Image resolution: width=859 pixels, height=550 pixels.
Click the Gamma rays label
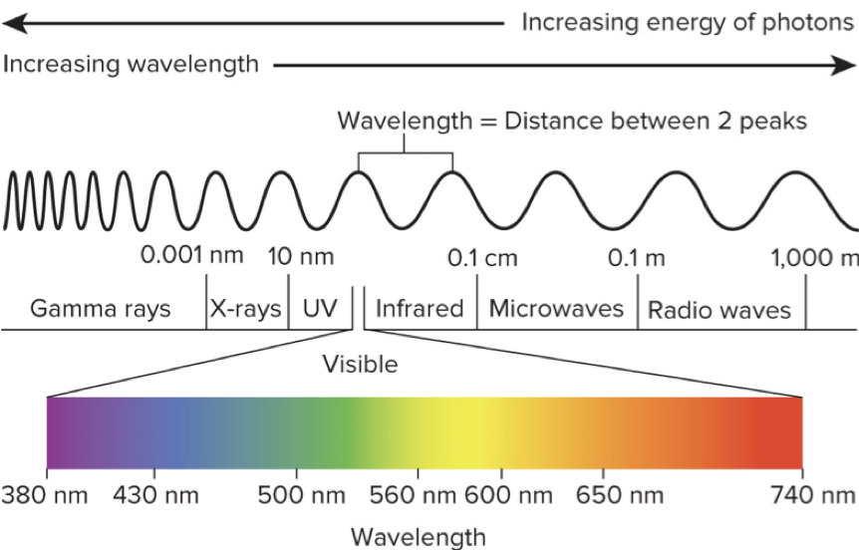point(100,309)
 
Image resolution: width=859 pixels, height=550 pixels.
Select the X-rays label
point(246,309)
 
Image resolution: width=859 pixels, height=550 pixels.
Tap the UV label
point(319,309)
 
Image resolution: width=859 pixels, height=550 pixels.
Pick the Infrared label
point(420,309)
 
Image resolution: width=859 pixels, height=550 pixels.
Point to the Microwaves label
point(556,309)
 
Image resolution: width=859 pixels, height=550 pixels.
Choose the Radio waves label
point(718,310)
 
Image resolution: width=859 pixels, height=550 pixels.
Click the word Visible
point(360,365)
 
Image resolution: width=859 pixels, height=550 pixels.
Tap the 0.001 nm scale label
point(191,255)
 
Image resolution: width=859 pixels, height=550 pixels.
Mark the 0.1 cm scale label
point(482,258)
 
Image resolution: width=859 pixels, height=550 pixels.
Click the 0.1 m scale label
point(636,258)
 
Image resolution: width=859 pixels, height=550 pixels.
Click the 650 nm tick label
point(619,495)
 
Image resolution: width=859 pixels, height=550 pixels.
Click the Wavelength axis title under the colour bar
point(419,536)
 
